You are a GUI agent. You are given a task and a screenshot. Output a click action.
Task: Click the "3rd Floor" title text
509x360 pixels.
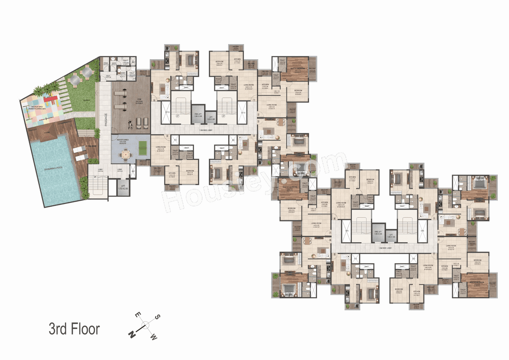pos(74,329)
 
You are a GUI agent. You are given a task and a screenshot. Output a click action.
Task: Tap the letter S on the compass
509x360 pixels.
pos(157,317)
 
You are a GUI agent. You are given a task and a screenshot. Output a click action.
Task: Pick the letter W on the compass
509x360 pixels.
pos(153,337)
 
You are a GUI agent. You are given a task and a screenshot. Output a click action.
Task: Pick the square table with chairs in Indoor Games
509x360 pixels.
pos(125,154)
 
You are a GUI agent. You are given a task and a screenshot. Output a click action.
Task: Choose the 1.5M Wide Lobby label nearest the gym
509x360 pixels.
pos(202,130)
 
